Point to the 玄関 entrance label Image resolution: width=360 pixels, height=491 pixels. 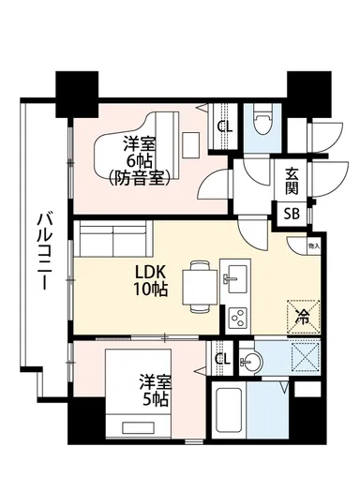coord(293,178)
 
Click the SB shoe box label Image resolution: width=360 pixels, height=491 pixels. coord(293,214)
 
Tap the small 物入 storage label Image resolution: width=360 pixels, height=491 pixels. coord(314,245)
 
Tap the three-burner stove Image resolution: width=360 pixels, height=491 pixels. coord(237,315)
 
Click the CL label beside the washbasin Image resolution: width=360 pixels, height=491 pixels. coord(222,360)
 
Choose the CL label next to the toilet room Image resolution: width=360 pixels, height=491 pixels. coord(225,127)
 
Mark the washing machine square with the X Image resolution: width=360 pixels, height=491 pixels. coord(304,359)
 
